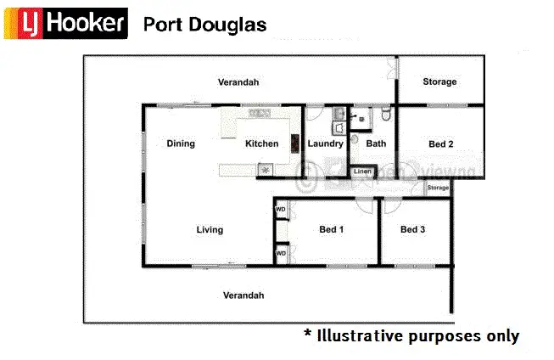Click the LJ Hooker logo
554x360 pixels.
click(65, 24)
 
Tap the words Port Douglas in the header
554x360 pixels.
click(204, 25)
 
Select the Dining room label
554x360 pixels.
click(181, 143)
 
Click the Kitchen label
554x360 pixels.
click(261, 143)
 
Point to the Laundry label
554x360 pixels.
click(325, 143)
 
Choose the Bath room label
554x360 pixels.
click(376, 143)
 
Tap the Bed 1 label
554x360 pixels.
click(331, 229)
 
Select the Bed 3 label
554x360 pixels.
click(412, 229)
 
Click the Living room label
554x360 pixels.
click(210, 229)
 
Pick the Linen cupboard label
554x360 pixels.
click(362, 172)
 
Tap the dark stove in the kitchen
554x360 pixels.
click(294, 143)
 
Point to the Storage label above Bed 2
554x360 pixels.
click(439, 82)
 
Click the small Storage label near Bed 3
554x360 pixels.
click(438, 188)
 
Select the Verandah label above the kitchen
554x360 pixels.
click(238, 82)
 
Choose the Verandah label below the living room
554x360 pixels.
click(243, 295)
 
